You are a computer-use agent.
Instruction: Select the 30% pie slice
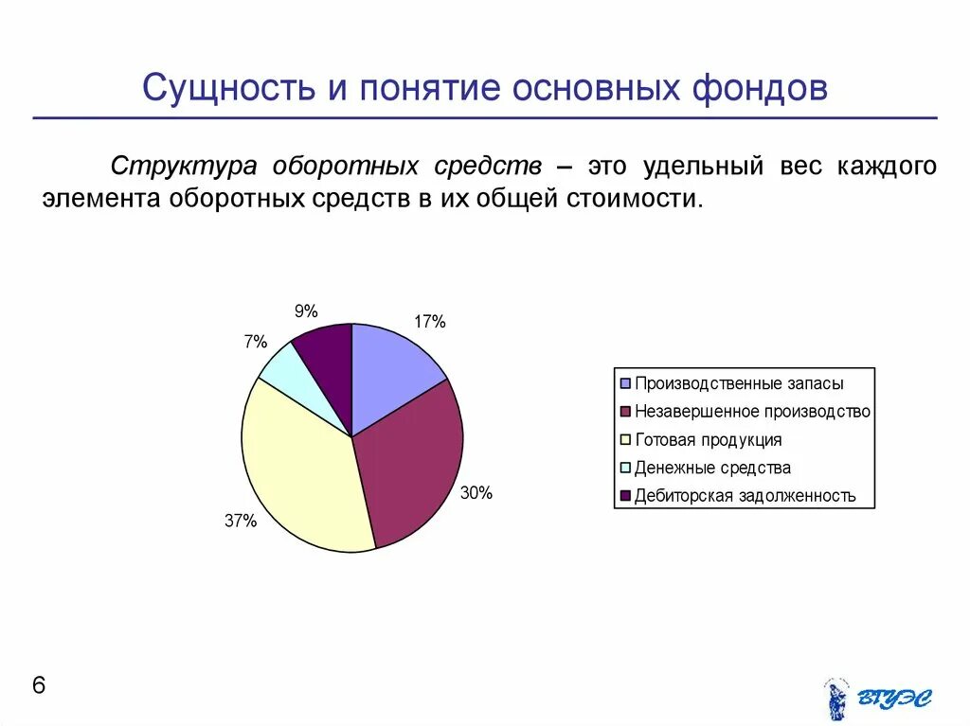coord(412,464)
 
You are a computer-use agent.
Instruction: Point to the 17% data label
coord(429,322)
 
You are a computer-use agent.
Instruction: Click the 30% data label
coord(476,493)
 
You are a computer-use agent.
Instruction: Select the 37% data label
coord(241,520)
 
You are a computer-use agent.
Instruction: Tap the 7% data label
coord(255,343)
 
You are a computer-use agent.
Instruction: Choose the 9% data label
coord(305,311)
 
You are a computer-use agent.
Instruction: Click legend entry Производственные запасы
coord(739,383)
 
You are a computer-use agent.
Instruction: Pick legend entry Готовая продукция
coord(708,439)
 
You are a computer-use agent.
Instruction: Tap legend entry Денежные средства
coord(712,468)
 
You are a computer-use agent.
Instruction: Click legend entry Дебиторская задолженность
coord(745,495)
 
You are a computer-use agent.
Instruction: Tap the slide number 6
coord(39,685)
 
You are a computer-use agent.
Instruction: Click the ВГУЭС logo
coord(877,699)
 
